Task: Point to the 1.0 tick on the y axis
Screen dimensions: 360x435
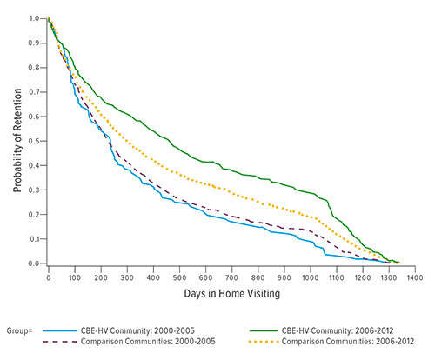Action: point(35,18)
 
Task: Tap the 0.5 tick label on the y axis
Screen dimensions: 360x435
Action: point(35,141)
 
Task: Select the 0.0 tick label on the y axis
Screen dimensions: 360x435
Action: point(35,263)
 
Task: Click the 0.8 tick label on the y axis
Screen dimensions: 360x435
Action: point(35,67)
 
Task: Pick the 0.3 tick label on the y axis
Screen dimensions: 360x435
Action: point(35,190)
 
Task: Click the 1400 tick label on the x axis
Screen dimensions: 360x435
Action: point(412,278)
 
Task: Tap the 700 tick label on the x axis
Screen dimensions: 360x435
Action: point(231,278)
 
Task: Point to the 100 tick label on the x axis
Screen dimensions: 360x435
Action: point(74,278)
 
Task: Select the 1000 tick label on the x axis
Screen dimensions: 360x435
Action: point(308,278)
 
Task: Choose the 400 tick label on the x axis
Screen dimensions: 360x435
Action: point(152,278)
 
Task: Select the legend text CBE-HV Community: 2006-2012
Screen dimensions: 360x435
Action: point(351,331)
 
